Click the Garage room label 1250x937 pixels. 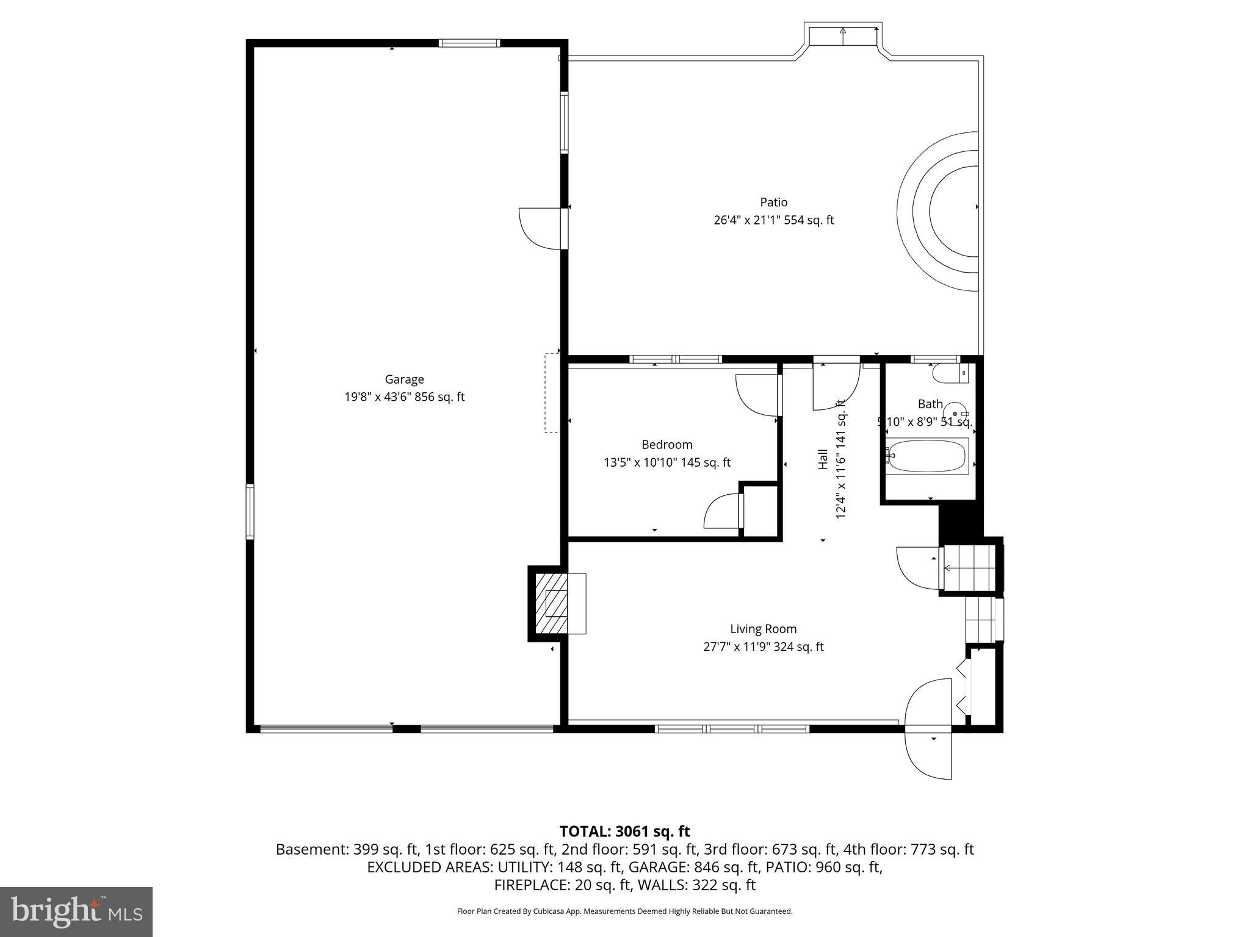pyautogui.click(x=404, y=379)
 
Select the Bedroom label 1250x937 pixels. pyautogui.click(x=667, y=445)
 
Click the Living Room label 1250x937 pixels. pyautogui.click(x=763, y=629)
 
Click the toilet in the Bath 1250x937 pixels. pyautogui.click(x=950, y=373)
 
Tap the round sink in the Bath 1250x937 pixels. pyautogui.click(x=955, y=413)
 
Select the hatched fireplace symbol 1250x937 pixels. pyautogui.click(x=552, y=603)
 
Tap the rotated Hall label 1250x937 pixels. pyautogui.click(x=823, y=459)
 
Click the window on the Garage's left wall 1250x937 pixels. pyautogui.click(x=250, y=511)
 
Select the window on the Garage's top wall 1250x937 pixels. pyautogui.click(x=469, y=43)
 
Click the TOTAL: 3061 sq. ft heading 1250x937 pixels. pyautogui.click(x=624, y=831)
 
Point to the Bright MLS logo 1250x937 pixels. pyautogui.click(x=76, y=911)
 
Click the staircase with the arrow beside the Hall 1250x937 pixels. pyautogui.click(x=970, y=568)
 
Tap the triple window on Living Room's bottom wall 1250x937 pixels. pyautogui.click(x=732, y=728)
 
